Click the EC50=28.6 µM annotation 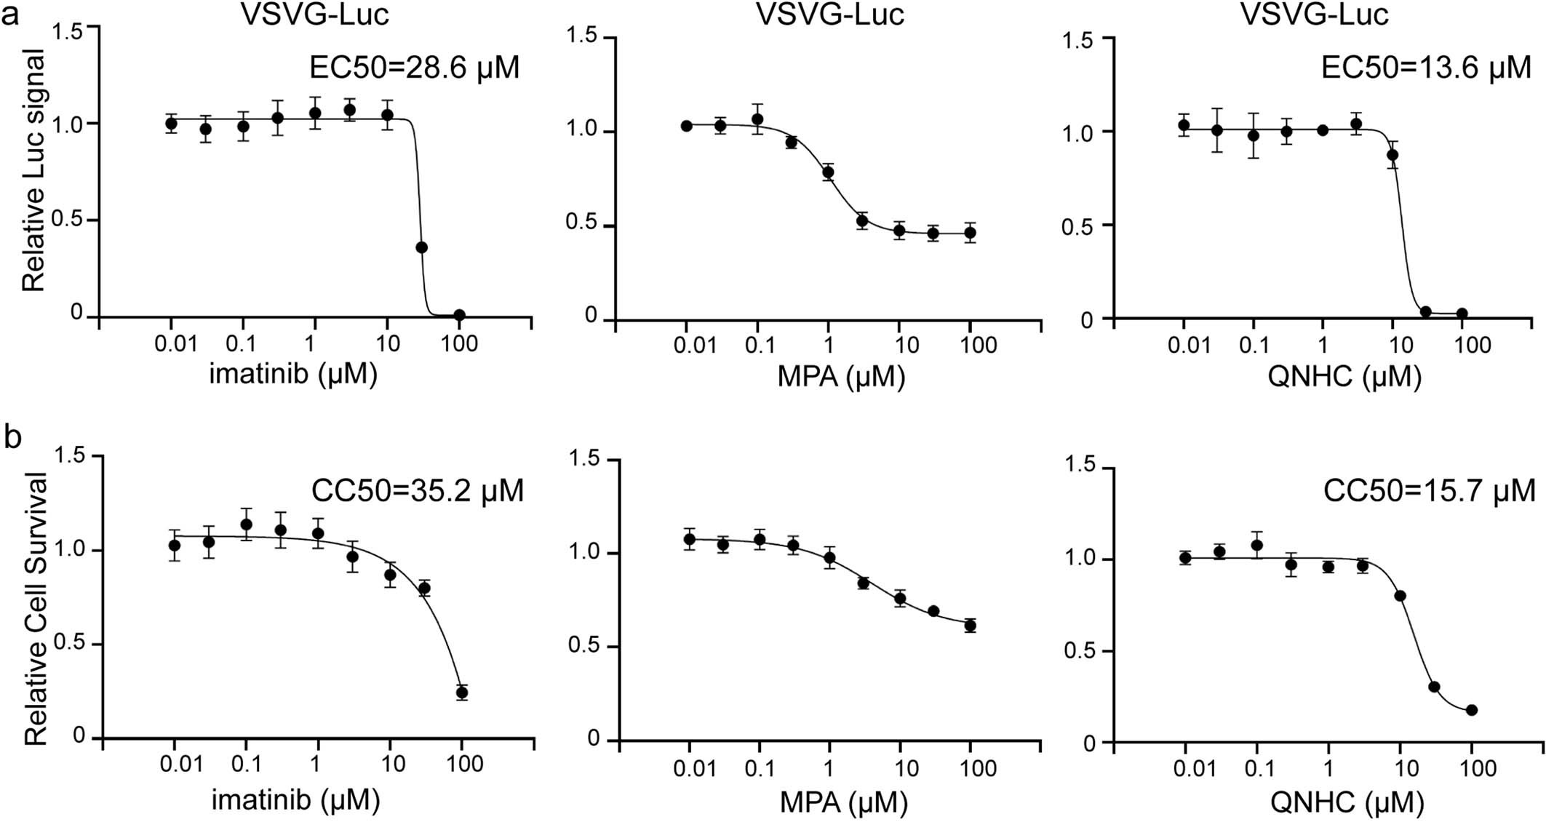click(415, 68)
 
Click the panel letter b click(12, 438)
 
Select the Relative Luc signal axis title click(33, 171)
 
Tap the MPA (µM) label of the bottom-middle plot click(844, 802)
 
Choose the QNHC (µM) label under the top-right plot click(1344, 376)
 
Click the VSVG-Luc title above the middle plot click(830, 15)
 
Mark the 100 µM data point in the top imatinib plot click(459, 315)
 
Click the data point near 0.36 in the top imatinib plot click(421, 247)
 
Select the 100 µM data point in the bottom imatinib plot click(461, 692)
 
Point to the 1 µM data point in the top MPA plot click(828, 172)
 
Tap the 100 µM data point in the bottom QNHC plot click(1472, 710)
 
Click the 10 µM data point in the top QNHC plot click(1393, 155)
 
